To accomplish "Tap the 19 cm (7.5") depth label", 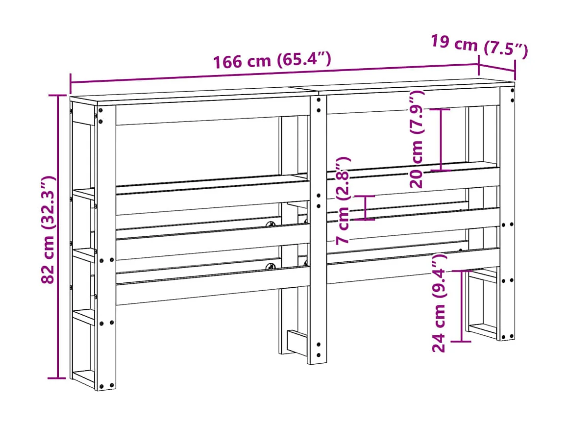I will coord(479,46).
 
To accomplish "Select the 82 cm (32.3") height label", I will coord(49,229).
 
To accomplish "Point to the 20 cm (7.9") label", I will coord(418,139).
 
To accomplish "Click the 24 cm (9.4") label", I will coord(440,303).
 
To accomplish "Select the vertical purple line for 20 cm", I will coord(441,140).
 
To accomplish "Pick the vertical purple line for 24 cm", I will coord(462,305).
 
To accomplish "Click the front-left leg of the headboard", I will coord(106,245).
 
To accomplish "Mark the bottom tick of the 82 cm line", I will coord(57,378).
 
